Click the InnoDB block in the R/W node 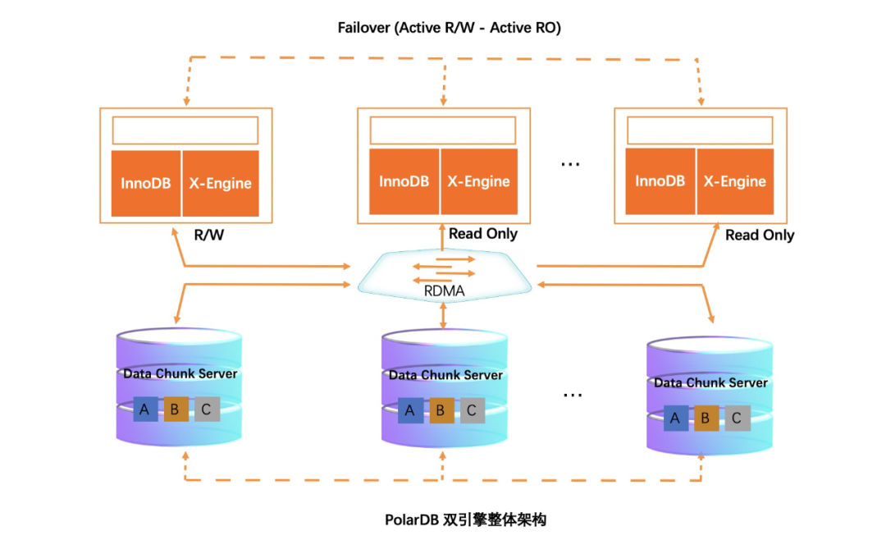146,183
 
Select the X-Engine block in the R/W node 220,183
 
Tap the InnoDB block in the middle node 404,181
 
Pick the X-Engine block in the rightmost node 734,181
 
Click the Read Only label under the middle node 483,234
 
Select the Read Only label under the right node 760,235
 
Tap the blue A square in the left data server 145,409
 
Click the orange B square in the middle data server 441,410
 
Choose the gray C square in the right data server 737,419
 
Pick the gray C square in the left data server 207,409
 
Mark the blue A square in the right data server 675,419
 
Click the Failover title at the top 449,28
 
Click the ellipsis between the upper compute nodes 570,163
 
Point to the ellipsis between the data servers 572,395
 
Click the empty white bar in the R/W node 185,130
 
